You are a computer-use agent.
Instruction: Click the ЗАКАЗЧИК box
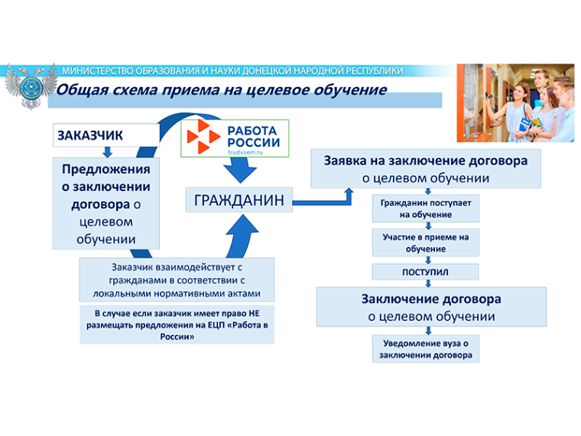(x=106, y=135)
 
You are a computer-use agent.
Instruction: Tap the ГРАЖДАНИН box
(x=239, y=200)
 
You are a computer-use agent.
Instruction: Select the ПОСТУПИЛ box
(x=425, y=272)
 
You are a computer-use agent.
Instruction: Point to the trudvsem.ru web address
(x=245, y=152)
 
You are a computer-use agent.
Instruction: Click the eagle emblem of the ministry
(x=31, y=86)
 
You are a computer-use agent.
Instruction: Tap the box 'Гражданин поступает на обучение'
(x=425, y=208)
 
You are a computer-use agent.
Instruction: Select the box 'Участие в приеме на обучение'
(x=425, y=242)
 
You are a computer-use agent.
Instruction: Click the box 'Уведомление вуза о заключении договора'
(x=425, y=349)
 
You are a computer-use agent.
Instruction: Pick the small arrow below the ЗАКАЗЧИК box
(x=108, y=152)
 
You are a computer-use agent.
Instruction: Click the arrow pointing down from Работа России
(x=240, y=170)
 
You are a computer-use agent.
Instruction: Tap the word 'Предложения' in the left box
(x=106, y=170)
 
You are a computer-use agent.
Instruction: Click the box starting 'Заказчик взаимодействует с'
(x=177, y=280)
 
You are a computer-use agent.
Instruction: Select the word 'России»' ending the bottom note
(x=177, y=337)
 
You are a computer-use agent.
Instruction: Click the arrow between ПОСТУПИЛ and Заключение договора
(x=428, y=283)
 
